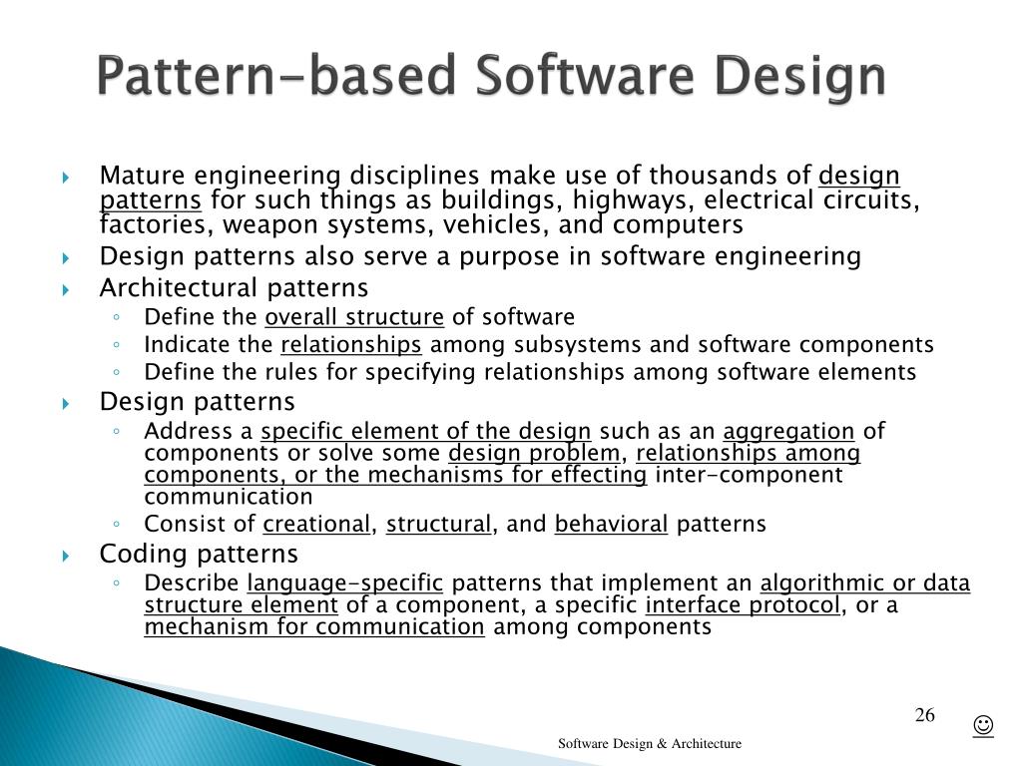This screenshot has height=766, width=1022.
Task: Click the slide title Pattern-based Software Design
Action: [491, 77]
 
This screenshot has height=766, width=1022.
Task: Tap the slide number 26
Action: [924, 715]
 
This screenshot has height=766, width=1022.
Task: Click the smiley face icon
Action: [983, 725]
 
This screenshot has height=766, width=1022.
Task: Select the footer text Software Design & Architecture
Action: [649, 743]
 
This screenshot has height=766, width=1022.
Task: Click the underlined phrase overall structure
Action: [354, 318]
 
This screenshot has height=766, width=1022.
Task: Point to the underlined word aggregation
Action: [788, 432]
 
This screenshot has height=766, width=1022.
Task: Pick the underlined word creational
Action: [316, 525]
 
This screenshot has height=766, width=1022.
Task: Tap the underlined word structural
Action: [439, 525]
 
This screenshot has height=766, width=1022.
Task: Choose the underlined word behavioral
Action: [611, 525]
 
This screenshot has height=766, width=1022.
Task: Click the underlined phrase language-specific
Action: [345, 583]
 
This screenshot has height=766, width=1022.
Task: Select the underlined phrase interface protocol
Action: [743, 605]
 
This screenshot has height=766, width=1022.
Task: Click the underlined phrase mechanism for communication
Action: [314, 627]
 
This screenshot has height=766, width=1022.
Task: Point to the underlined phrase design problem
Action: [534, 454]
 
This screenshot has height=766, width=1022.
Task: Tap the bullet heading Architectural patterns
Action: [234, 288]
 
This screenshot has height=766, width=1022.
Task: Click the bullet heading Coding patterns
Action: [199, 554]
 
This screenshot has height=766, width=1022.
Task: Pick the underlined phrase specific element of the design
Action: [426, 432]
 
